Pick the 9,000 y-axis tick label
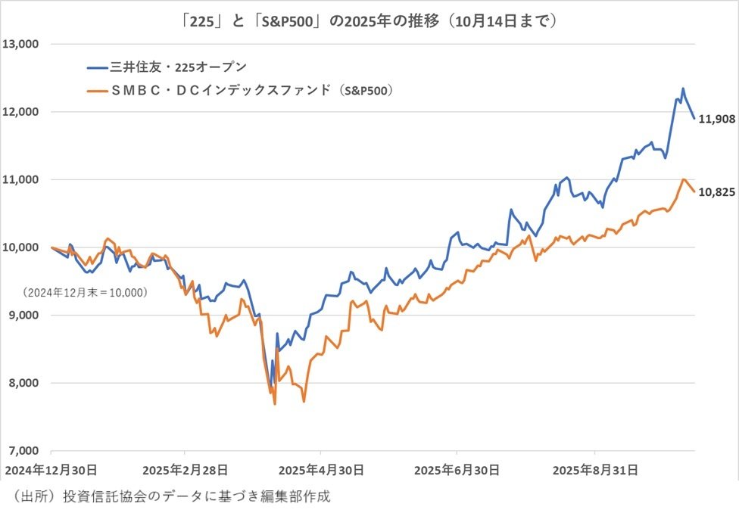(x=24, y=315)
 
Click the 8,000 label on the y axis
(x=24, y=383)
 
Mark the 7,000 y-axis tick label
(x=24, y=450)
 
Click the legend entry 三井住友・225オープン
(x=178, y=67)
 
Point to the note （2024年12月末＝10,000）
(x=85, y=291)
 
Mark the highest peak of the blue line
(x=683, y=89)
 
